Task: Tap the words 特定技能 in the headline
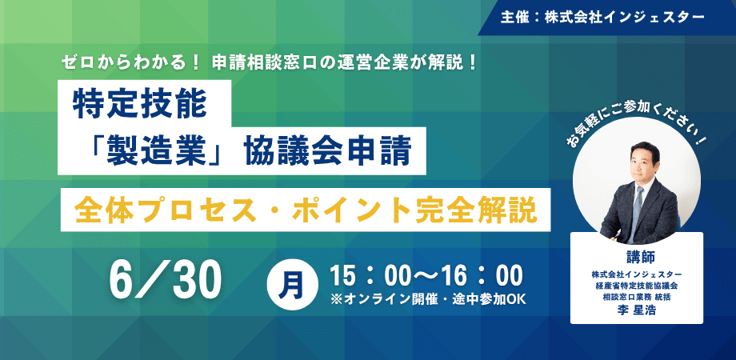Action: [139, 106]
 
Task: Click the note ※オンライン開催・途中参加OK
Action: [429, 299]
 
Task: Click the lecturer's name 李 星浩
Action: [637, 310]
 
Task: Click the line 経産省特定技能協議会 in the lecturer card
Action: [637, 285]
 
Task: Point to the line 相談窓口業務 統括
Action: [637, 297]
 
